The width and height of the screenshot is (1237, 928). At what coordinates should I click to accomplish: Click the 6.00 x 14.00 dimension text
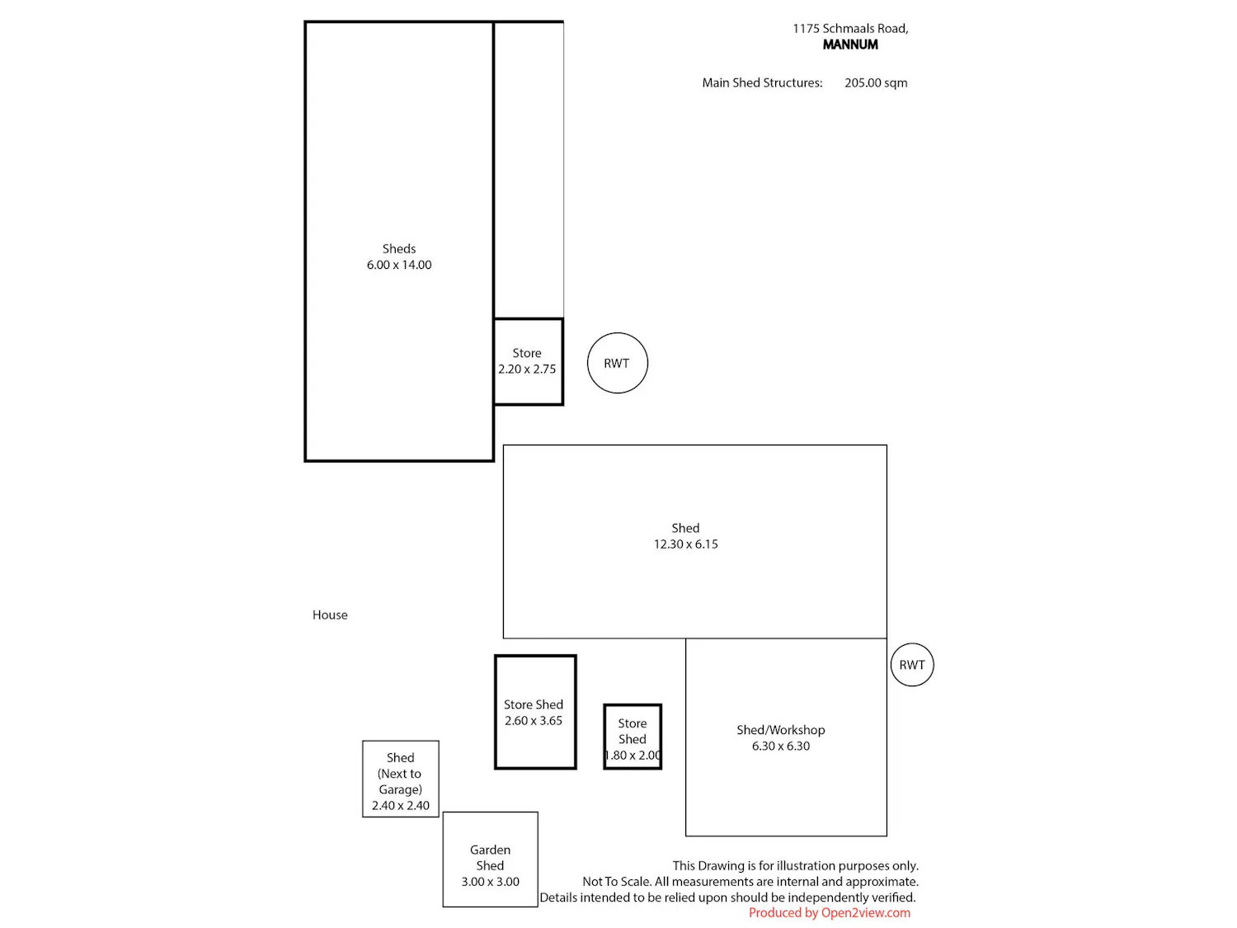[x=399, y=265]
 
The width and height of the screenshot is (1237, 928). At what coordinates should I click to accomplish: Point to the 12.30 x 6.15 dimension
[x=686, y=544]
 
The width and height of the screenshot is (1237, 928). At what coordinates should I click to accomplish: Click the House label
[x=330, y=615]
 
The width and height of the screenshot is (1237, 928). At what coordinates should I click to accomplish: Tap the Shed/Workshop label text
[x=780, y=730]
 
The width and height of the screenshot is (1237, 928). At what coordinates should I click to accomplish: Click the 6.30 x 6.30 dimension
[x=780, y=746]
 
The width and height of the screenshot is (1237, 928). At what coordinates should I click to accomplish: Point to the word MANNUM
[x=850, y=45]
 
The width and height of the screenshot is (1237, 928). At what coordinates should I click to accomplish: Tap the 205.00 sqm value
[x=876, y=82]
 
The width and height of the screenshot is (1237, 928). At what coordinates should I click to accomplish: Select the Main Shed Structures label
[x=762, y=82]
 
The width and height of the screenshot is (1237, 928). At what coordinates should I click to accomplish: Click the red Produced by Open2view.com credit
[x=830, y=913]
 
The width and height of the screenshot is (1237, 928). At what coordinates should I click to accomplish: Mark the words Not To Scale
[x=617, y=881]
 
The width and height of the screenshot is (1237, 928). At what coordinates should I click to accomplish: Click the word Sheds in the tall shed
[x=399, y=248]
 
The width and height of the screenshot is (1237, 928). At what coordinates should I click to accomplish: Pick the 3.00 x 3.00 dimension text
[x=491, y=882]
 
